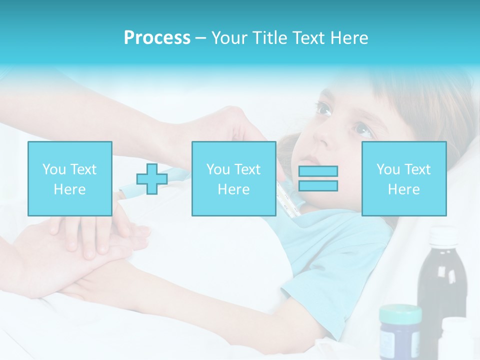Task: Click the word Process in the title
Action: [x=157, y=38]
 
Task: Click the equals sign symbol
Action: [x=318, y=178]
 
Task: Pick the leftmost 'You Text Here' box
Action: [x=69, y=178]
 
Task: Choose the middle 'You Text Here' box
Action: [x=233, y=178]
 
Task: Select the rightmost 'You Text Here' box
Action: [x=403, y=178]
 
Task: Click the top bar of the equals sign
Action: [x=318, y=171]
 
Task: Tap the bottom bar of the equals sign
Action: [x=318, y=185]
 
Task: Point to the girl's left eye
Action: [x=363, y=130]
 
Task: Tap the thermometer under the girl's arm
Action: [x=289, y=200]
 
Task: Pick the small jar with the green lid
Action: [x=400, y=332]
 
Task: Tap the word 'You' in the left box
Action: [x=53, y=169]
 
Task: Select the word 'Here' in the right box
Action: [x=403, y=189]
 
